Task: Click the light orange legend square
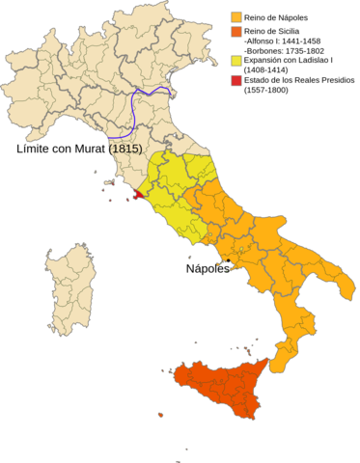point(235,16)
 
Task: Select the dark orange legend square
point(235,31)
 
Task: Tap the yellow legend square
point(235,60)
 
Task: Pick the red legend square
point(235,80)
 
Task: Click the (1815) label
point(125,150)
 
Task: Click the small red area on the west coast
point(138,193)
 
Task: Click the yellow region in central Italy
point(179,188)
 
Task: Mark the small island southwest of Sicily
point(160,415)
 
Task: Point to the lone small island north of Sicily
point(196,342)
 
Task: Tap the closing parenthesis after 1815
point(141,150)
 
